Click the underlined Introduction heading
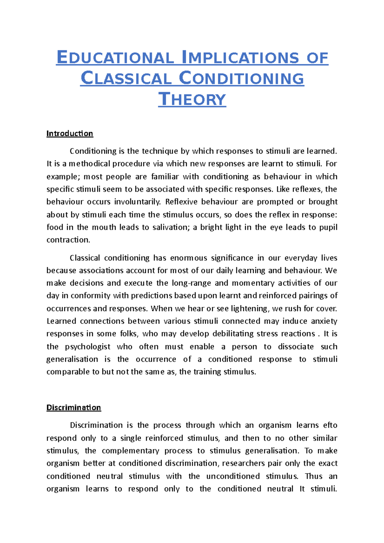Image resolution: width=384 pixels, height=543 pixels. [70, 133]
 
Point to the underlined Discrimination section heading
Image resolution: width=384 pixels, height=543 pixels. [74, 407]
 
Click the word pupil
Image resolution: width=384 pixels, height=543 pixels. [328, 227]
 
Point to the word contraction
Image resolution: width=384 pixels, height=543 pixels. [68, 240]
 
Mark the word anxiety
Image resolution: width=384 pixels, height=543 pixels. [324, 321]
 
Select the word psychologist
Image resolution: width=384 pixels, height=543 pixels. [88, 347]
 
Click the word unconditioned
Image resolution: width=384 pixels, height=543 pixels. [233, 476]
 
